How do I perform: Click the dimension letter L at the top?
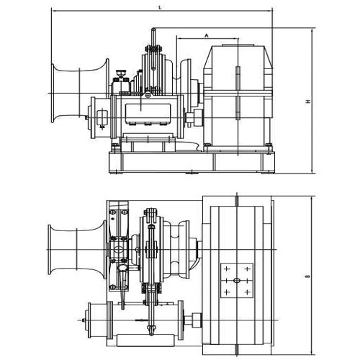click(x=159, y=6)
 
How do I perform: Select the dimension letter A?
click(x=206, y=34)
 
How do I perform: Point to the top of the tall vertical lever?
click(x=153, y=30)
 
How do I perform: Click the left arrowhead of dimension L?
click(x=53, y=12)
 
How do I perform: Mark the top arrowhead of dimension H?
click(x=313, y=30)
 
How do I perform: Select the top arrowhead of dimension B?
click(x=313, y=197)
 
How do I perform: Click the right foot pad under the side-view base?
click(x=266, y=172)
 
